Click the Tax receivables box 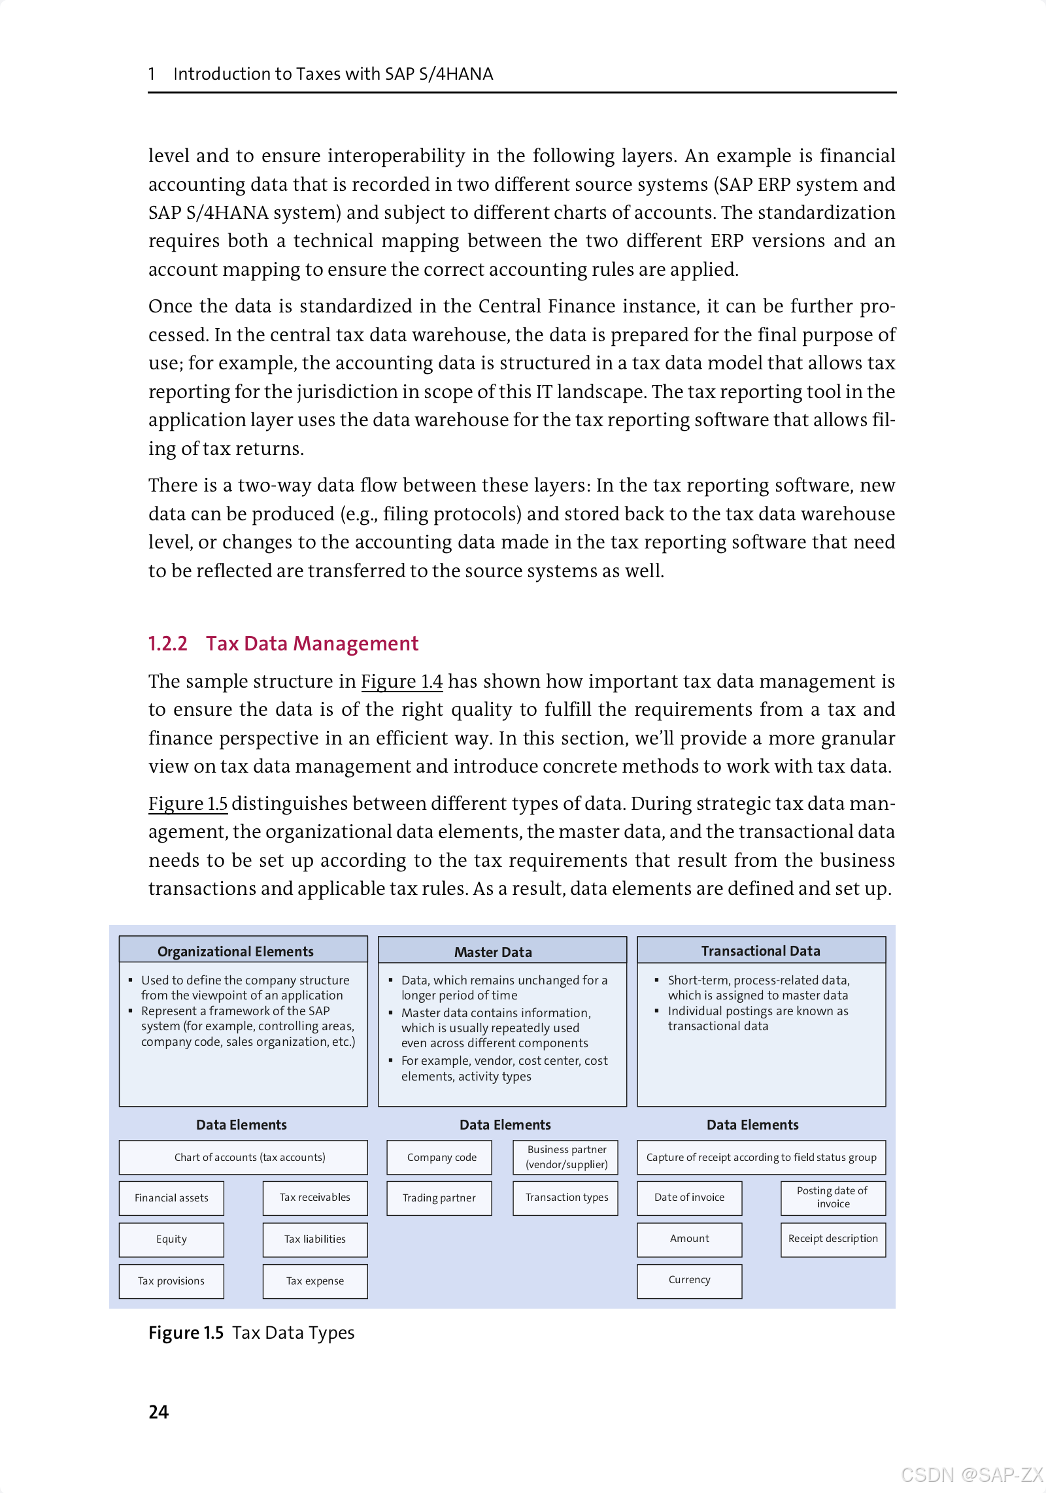[315, 1198]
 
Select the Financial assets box [171, 1198]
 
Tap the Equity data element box [171, 1239]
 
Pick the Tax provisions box [171, 1281]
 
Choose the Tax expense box [315, 1281]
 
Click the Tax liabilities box [315, 1239]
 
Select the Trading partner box [439, 1198]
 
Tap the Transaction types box [566, 1198]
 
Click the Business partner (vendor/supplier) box [566, 1157]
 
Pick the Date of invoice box [689, 1198]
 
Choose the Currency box [689, 1281]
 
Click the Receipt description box [833, 1239]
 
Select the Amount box [689, 1239]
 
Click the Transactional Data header [761, 950]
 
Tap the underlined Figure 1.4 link [401, 681]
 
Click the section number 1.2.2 [167, 644]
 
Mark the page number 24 [158, 1412]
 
